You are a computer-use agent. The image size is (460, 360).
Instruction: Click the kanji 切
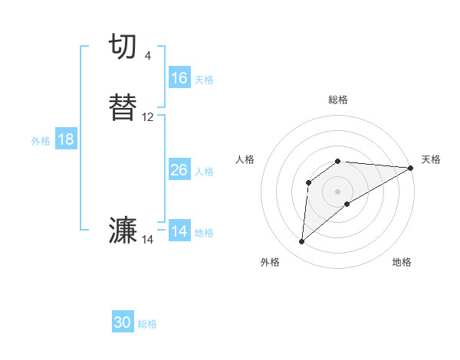point(125,47)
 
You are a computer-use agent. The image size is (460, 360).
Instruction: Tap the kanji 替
point(125,107)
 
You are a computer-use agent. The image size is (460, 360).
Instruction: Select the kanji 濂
point(125,231)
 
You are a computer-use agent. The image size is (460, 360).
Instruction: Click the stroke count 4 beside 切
point(148,56)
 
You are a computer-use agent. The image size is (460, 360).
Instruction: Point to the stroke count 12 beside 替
point(148,117)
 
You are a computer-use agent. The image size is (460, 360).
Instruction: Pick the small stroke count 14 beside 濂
point(148,240)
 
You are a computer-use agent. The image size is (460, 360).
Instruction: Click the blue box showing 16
point(179,78)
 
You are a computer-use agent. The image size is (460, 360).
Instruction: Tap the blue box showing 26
point(179,170)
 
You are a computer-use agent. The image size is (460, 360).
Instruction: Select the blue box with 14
point(179,231)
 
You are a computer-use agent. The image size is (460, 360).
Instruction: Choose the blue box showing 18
point(66,139)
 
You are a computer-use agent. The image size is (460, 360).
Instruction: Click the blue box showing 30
point(123,322)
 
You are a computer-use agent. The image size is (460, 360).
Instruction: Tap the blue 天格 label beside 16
point(204,80)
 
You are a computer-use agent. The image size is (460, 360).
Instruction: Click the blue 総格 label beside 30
point(147,324)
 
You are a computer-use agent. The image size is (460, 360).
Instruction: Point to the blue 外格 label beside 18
point(41,141)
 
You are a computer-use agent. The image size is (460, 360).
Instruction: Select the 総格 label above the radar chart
point(338,100)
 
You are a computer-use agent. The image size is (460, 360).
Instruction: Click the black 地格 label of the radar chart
point(402,263)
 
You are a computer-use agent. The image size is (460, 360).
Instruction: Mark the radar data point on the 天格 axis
point(411,168)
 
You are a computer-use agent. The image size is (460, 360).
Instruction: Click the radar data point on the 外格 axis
point(301,242)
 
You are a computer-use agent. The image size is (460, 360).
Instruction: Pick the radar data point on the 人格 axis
point(309,182)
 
